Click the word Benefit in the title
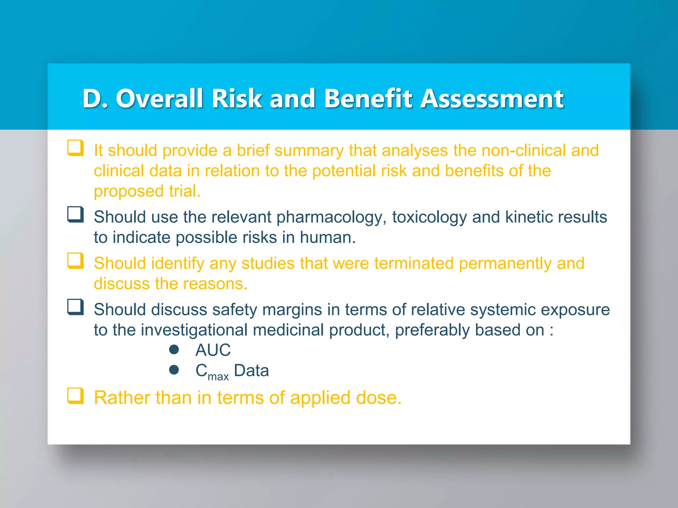click(x=368, y=99)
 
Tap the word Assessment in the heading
click(x=492, y=99)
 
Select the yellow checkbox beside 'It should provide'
click(x=75, y=148)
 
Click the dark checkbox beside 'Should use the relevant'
click(x=75, y=214)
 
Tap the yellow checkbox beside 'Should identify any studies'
click(x=75, y=261)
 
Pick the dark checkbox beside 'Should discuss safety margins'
click(x=75, y=307)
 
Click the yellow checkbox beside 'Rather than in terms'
click(x=75, y=396)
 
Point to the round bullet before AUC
click(x=174, y=350)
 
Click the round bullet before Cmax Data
click(x=174, y=370)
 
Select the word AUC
click(x=213, y=350)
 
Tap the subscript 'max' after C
click(x=218, y=376)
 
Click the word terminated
click(x=414, y=264)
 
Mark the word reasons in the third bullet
click(x=215, y=284)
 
